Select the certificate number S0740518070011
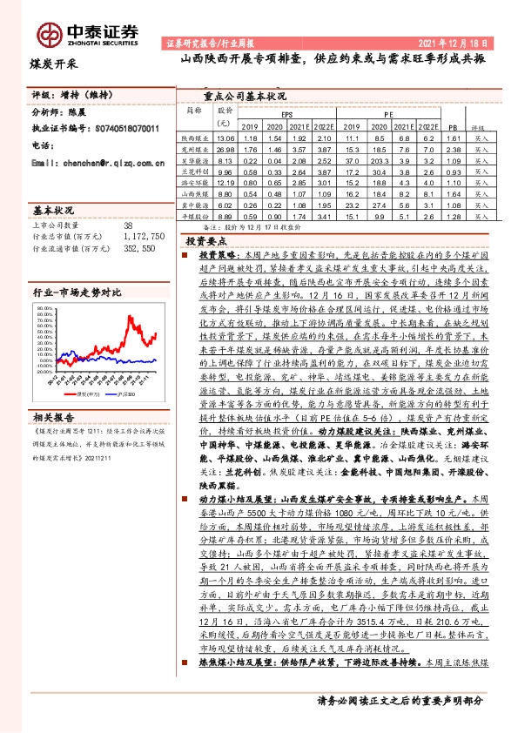[x=125, y=129]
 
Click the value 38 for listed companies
[x=128, y=224]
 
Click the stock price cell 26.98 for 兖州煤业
[x=225, y=150]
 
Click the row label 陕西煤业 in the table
[x=192, y=138]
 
